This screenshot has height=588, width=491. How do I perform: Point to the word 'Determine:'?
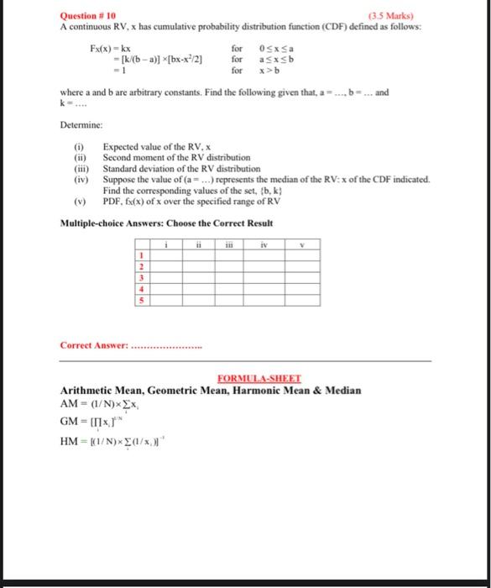[81, 124]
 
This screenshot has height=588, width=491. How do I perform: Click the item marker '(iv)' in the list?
[81, 179]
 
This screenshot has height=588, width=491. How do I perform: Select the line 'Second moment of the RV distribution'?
[176, 157]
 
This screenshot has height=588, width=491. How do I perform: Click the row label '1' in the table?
[143, 256]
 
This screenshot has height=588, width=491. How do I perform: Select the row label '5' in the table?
[143, 298]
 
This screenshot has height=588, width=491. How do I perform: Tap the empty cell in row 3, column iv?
[266, 277]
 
